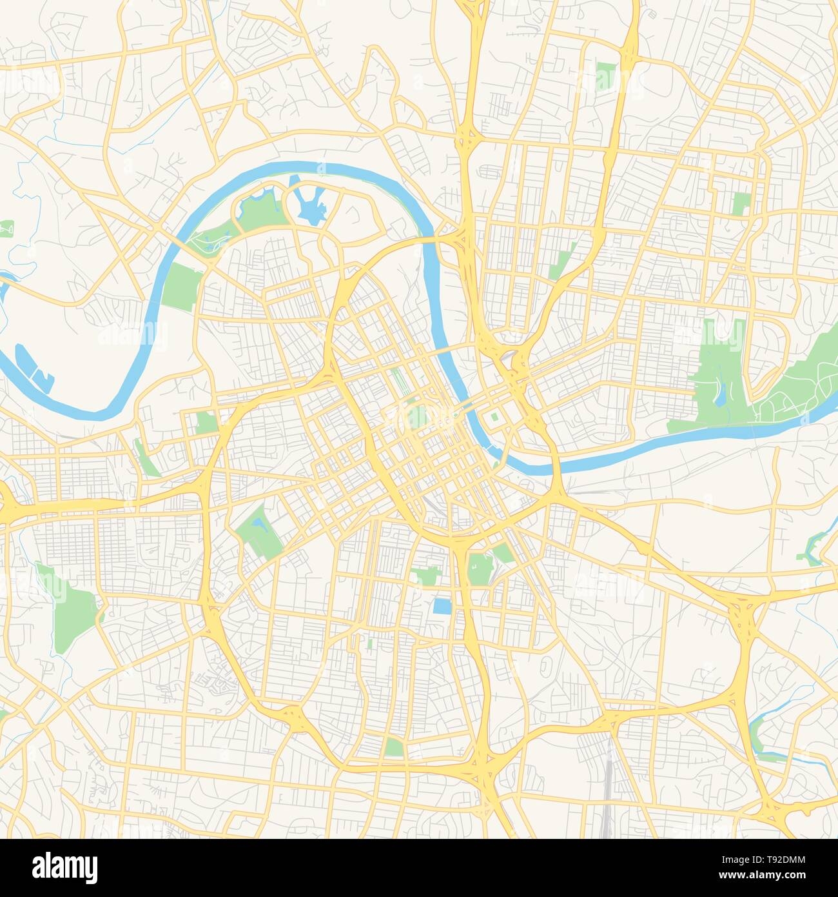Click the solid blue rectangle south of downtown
(443, 607)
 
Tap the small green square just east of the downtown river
(495, 417)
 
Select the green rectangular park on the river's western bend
(180, 288)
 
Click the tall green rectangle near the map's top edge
(606, 77)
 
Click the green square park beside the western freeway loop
(207, 423)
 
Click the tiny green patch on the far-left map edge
(6, 228)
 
